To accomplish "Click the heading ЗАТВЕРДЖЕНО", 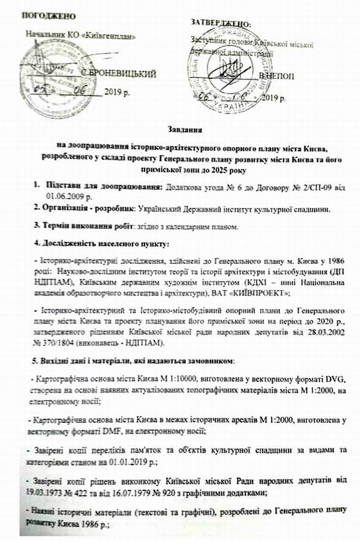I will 220,22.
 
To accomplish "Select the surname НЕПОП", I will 276,75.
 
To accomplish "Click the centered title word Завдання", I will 187,130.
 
